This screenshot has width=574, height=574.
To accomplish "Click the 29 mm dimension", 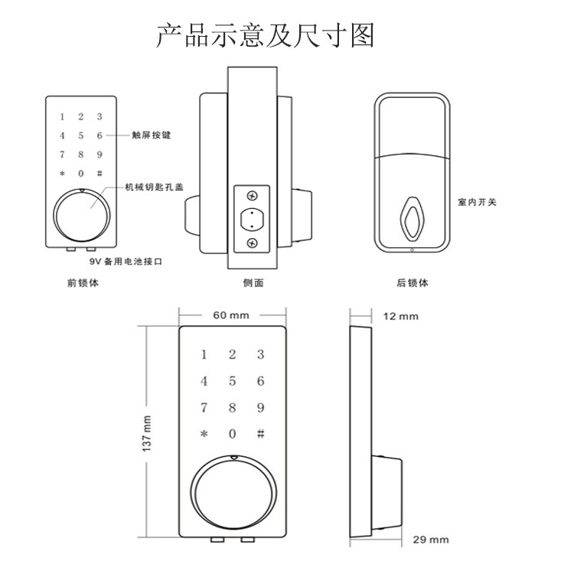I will [x=430, y=540].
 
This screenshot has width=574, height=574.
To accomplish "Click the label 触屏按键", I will [x=152, y=135].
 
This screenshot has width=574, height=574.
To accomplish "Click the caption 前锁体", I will [x=83, y=283].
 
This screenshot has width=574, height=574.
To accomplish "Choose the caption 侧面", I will [x=253, y=283].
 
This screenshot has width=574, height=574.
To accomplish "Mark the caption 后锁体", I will [x=413, y=283].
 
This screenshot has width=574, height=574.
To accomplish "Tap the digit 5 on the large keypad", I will [x=232, y=381].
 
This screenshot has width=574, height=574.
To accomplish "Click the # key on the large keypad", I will [x=260, y=433].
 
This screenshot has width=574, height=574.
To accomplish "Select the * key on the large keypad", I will [x=204, y=434].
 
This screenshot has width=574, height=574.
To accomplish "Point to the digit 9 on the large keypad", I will [x=260, y=407].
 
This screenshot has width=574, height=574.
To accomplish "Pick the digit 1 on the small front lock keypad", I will [x=62, y=117].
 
